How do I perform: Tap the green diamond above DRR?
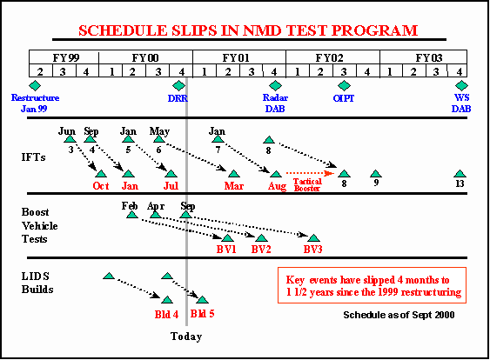(x=178, y=85)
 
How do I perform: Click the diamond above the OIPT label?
(x=344, y=85)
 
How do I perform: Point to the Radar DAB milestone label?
(x=275, y=103)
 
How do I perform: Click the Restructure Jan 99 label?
(x=35, y=103)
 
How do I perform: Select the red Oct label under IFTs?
(x=101, y=186)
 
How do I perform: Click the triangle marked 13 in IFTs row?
(x=460, y=174)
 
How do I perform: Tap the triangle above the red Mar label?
(x=234, y=174)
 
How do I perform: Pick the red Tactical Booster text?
(x=307, y=185)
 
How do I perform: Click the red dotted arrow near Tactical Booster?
(x=310, y=173)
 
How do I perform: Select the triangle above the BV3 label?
(x=313, y=238)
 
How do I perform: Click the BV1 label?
(x=226, y=250)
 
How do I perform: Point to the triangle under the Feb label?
(x=132, y=215)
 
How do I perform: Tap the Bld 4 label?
(x=166, y=314)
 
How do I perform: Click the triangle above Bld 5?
(x=202, y=300)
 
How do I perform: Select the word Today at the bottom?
(x=186, y=337)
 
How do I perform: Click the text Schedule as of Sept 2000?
(x=399, y=315)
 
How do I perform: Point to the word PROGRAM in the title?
(x=374, y=30)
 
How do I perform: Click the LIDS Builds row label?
(x=37, y=283)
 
